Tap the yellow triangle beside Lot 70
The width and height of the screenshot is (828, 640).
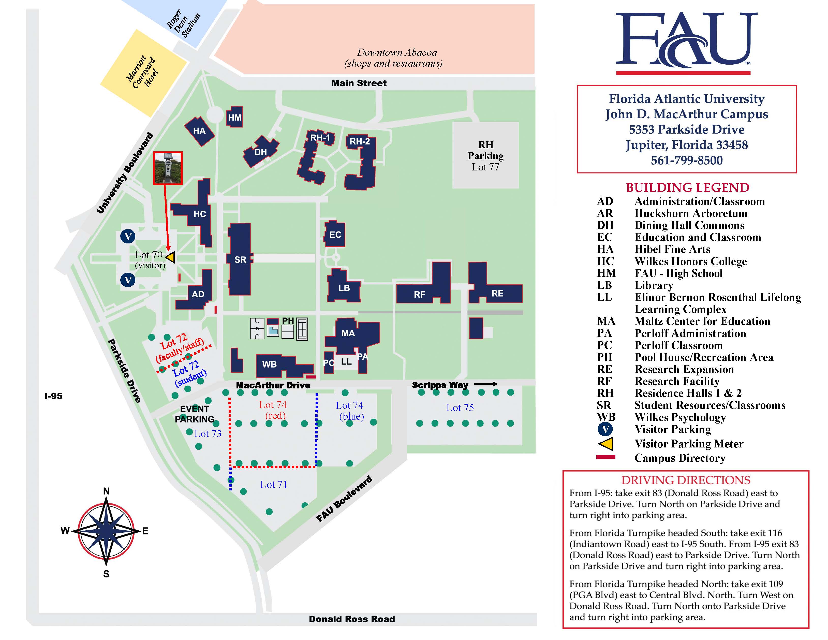click(x=170, y=257)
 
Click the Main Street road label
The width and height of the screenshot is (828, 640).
click(x=359, y=83)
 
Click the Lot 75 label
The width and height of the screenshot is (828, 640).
click(x=460, y=408)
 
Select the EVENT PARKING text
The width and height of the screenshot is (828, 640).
click(x=195, y=414)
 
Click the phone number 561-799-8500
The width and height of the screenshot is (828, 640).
click(x=687, y=160)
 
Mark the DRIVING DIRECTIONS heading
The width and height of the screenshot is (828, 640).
click(x=685, y=480)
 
